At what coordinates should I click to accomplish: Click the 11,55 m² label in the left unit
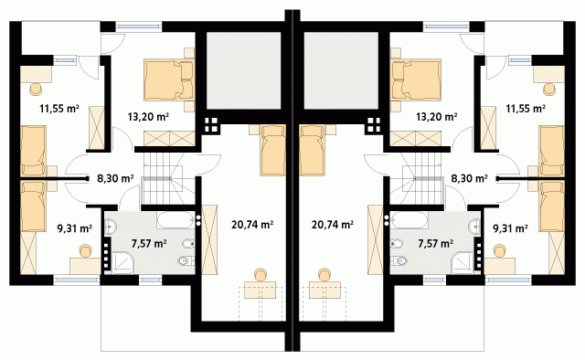pyautogui.click(x=58, y=109)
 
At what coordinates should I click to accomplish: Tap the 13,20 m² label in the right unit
pyautogui.click(x=437, y=117)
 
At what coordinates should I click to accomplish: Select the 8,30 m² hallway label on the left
pyautogui.click(x=115, y=179)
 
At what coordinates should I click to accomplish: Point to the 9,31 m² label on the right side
pyautogui.click(x=510, y=228)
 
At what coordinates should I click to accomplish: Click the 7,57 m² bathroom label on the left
pyautogui.click(x=149, y=244)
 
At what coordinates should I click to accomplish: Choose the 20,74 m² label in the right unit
pyautogui.click(x=333, y=225)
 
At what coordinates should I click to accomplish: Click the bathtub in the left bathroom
pyautogui.click(x=175, y=220)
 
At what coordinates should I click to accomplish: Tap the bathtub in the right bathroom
pyautogui.click(x=409, y=220)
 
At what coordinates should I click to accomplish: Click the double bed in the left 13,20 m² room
pyautogui.click(x=169, y=79)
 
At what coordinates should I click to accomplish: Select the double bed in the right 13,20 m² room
pyautogui.click(x=416, y=79)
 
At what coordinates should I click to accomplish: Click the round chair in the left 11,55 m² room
pyautogui.click(x=36, y=90)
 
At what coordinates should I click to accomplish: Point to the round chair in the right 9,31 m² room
pyautogui.click(x=499, y=251)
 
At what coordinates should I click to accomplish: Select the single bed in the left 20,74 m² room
pyautogui.click(x=273, y=150)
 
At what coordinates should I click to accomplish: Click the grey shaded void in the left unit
pyautogui.click(x=243, y=71)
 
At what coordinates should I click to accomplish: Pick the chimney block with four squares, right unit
pyautogui.click(x=374, y=125)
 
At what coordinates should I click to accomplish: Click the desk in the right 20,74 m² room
pyautogui.click(x=324, y=291)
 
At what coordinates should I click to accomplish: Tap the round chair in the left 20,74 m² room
pyautogui.click(x=260, y=275)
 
